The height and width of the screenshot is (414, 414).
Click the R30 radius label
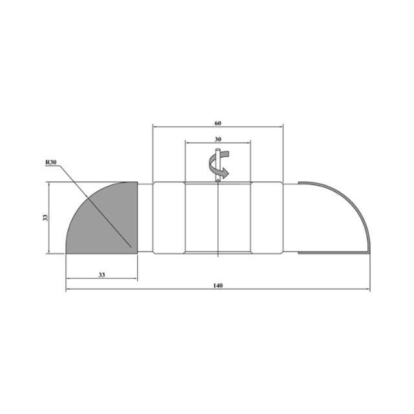[x=51, y=162]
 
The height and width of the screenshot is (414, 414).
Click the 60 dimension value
[x=218, y=124]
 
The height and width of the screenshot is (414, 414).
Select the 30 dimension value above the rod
[x=218, y=140]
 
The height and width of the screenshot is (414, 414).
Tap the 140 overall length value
[x=218, y=286]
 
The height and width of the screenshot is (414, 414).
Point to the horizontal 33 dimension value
[x=102, y=275]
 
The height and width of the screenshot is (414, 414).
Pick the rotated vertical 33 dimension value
[x=45, y=217]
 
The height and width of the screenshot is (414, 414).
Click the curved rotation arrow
[x=219, y=164]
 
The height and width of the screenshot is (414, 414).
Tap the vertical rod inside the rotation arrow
[x=218, y=165]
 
